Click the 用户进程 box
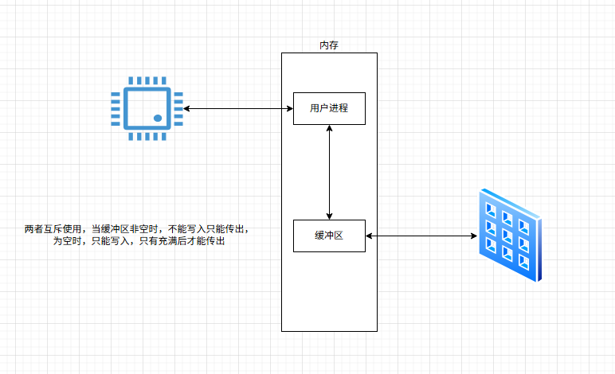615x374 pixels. click(x=329, y=108)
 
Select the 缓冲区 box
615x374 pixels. click(x=329, y=235)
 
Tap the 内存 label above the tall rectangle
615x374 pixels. click(x=329, y=46)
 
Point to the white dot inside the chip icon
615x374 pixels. click(x=158, y=118)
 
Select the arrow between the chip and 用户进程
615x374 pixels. click(x=237, y=108)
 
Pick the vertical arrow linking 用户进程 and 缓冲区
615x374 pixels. click(x=329, y=171)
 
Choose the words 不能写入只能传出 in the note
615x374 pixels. click(x=209, y=229)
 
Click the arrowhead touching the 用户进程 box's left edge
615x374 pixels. click(x=289, y=108)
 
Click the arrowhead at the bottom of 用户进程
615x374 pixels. click(x=329, y=129)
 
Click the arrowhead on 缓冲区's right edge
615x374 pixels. click(x=370, y=236)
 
